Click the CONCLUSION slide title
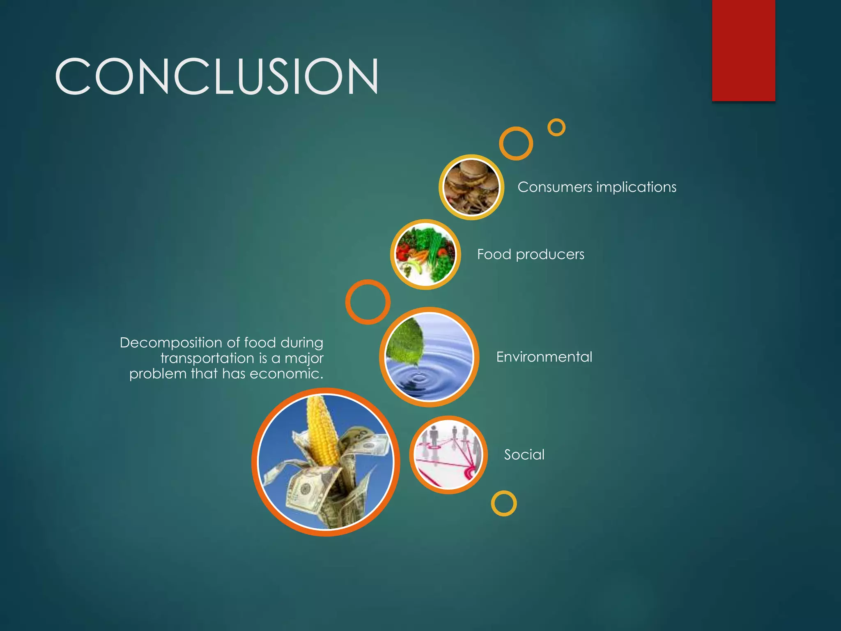coord(216,76)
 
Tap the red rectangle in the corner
coord(743,50)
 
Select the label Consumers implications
coord(597,187)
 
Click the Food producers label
coord(531,255)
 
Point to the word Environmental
coord(544,357)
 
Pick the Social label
coord(524,455)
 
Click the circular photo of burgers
coord(471,187)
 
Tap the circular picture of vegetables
coord(425,255)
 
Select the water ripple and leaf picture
coord(430,357)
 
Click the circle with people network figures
coord(448,455)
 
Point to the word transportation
coord(207,358)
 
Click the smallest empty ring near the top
coord(556,127)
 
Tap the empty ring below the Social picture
coord(504,503)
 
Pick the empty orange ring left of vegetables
coord(368,302)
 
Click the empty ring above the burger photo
coord(516,143)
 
